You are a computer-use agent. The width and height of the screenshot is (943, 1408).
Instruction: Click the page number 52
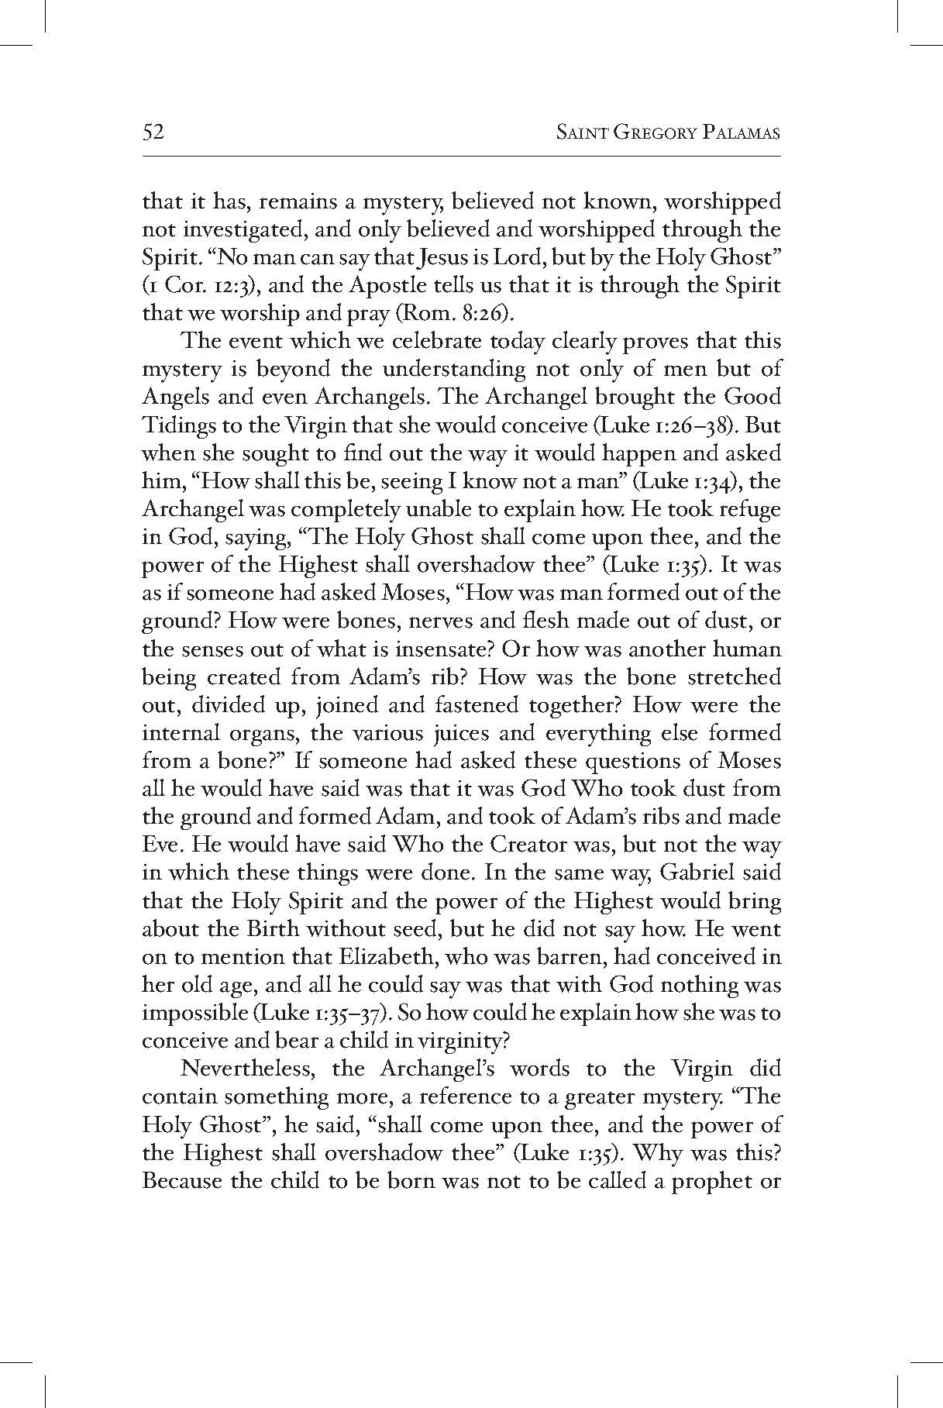click(x=153, y=133)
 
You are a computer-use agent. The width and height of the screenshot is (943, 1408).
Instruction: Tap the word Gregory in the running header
click(x=647, y=133)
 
